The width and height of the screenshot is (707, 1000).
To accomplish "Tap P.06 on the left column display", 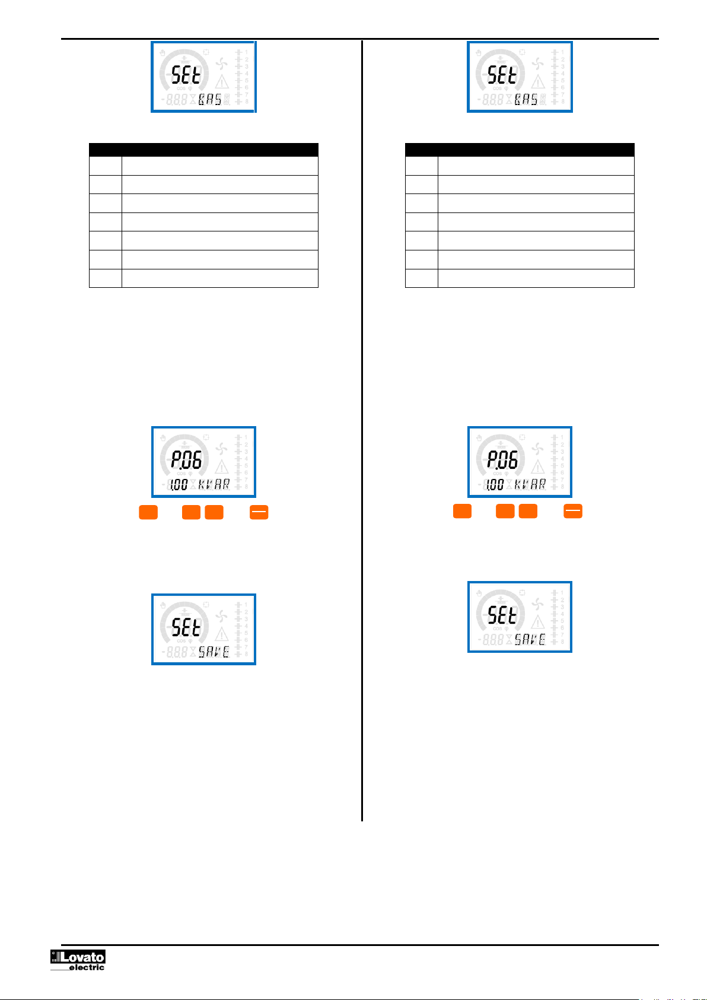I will (x=186, y=460).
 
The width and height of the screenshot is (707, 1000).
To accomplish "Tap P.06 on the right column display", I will (x=502, y=460).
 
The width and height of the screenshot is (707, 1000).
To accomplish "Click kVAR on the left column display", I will (x=214, y=485).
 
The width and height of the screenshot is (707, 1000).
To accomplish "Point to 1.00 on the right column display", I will (x=495, y=485).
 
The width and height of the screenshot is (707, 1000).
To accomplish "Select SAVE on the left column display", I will (x=214, y=652).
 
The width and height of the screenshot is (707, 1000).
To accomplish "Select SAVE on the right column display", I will (x=530, y=640).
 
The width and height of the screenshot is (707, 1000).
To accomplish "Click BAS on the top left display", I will (x=210, y=100).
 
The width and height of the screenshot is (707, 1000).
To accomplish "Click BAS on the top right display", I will (x=526, y=100).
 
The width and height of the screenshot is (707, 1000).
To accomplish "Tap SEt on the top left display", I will (x=186, y=75).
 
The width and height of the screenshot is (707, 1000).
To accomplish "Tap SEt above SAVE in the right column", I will (x=502, y=615).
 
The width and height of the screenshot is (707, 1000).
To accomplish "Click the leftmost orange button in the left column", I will (x=148, y=512).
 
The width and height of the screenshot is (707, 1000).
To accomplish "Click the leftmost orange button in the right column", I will (x=462, y=511).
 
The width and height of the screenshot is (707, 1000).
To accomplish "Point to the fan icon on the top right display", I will (x=538, y=64).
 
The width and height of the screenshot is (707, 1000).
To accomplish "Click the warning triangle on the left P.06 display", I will (x=222, y=466).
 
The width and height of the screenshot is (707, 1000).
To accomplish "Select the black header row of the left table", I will (x=203, y=150).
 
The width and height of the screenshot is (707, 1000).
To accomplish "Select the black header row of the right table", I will (x=520, y=150).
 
